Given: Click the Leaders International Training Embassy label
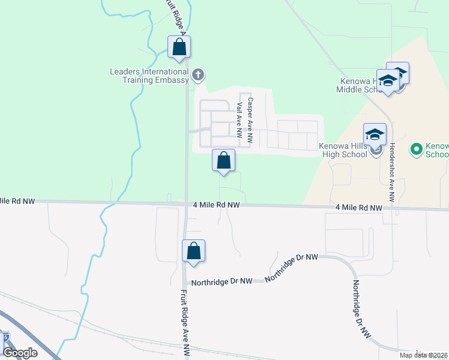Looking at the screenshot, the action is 149,76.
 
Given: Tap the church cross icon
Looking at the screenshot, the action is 199,75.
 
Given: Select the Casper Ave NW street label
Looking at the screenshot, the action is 250,120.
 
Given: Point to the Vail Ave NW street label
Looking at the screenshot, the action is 240,122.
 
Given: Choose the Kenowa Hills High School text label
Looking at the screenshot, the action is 343,150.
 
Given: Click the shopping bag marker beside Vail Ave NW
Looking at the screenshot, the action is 223,161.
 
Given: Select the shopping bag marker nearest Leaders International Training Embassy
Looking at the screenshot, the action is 179,47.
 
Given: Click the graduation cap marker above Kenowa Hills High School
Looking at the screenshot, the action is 375,134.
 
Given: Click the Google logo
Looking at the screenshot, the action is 20,353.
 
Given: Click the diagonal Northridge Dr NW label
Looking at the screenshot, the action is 291,267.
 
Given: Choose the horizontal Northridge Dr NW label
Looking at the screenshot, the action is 226,281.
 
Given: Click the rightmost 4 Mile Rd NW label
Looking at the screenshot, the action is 359,208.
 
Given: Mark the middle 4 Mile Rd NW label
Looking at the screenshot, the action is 217,205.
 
